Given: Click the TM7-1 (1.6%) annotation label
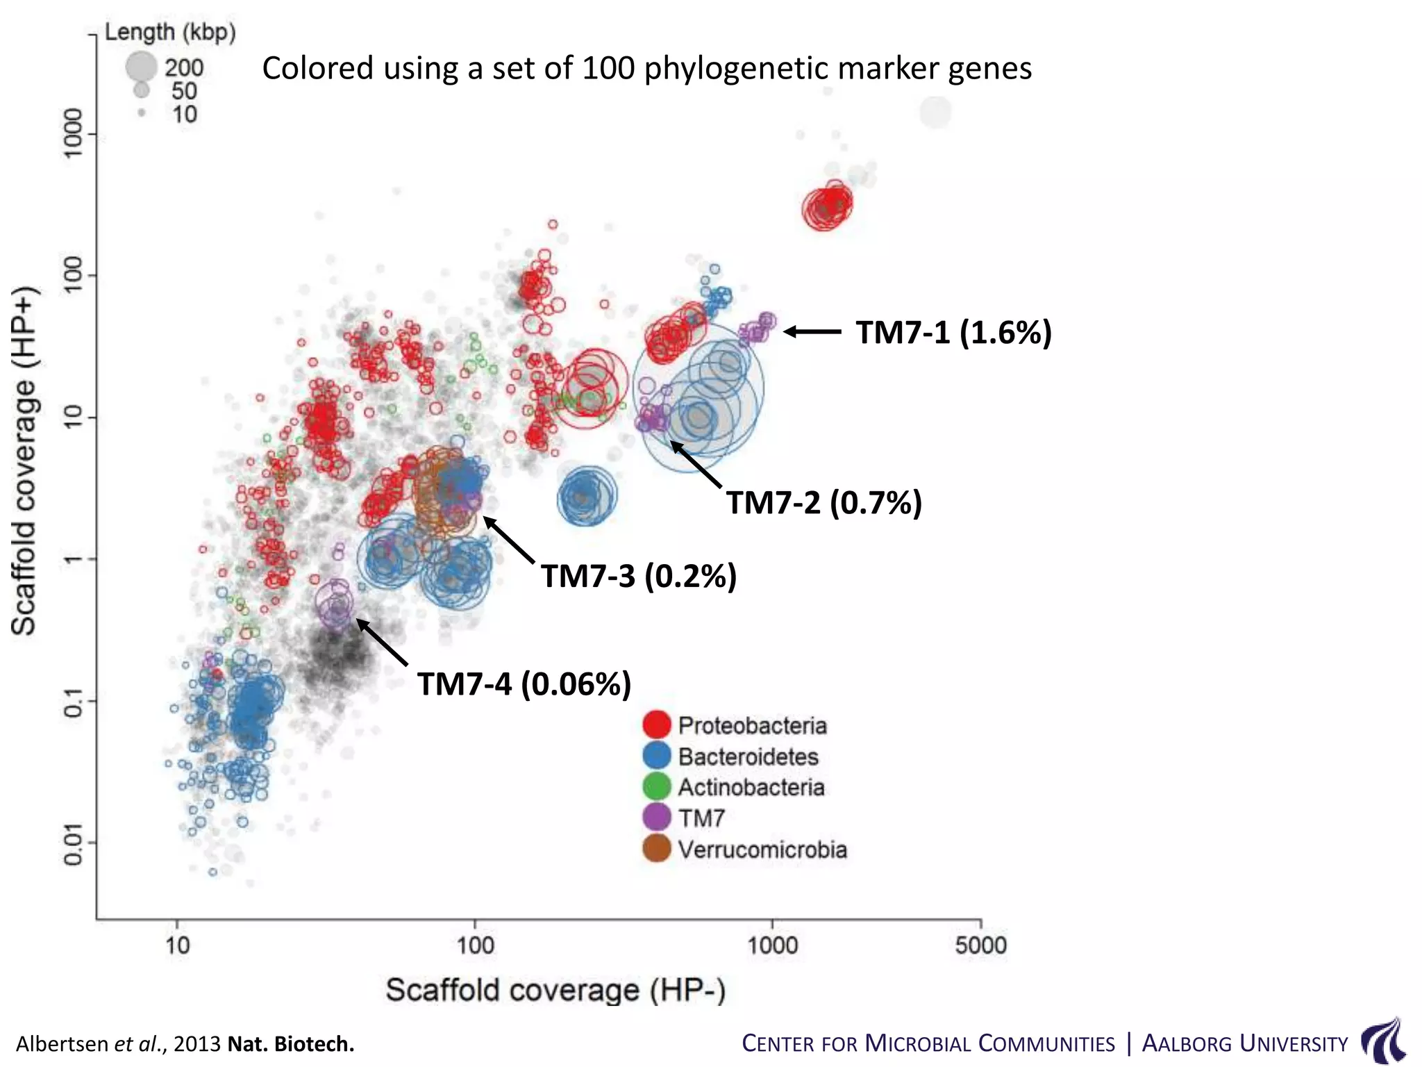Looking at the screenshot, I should click(x=953, y=333).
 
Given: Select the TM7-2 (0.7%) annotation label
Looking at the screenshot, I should click(x=824, y=502).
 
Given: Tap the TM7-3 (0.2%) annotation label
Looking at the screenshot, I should click(x=638, y=576).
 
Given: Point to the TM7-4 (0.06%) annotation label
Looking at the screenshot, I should click(x=524, y=684).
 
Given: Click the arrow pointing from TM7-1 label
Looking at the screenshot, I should click(x=812, y=332).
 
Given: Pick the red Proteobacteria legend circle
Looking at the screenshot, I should click(x=657, y=725).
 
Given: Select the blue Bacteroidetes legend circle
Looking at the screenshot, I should click(x=657, y=756).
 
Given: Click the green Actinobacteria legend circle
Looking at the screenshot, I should click(x=657, y=786).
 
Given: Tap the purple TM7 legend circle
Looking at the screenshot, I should click(x=657, y=818).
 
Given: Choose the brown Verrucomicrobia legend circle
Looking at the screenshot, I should click(x=657, y=849).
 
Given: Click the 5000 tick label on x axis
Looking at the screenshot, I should click(x=980, y=945).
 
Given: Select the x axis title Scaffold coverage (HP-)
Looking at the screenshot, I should click(x=555, y=989).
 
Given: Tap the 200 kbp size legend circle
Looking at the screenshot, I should click(x=141, y=67).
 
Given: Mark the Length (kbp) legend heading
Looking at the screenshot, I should click(x=170, y=32).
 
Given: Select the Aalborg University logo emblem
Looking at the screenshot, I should click(x=1382, y=1041).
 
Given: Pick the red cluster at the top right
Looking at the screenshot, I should click(x=826, y=206).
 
